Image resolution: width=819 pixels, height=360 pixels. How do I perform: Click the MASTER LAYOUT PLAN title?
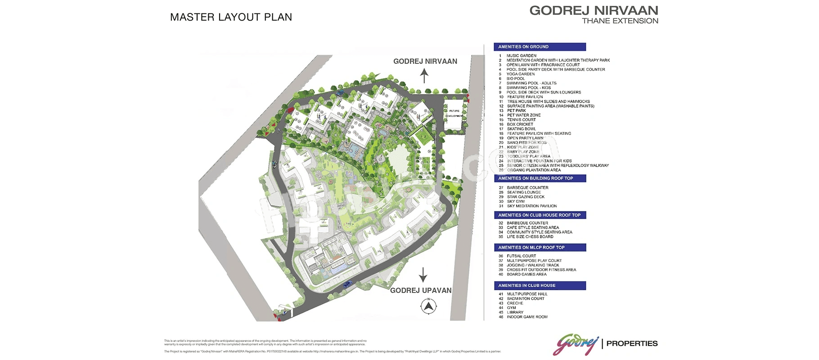click(231, 17)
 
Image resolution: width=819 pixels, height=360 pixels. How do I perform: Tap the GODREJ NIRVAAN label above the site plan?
click(425, 61)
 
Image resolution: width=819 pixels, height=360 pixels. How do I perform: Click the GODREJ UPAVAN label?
click(421, 290)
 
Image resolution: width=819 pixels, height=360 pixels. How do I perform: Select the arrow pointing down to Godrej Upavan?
click(423, 274)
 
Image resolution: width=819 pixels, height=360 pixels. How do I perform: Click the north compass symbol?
click(429, 306)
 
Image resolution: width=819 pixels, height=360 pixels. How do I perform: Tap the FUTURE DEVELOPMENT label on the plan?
click(454, 113)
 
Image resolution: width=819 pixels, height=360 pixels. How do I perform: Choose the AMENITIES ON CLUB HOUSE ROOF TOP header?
click(540, 215)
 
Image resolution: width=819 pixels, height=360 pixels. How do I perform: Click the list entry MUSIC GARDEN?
click(521, 56)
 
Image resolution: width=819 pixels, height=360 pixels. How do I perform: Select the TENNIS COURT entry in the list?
click(521, 120)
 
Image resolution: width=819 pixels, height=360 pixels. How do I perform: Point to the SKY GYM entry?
click(516, 202)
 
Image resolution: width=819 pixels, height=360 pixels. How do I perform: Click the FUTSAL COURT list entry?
click(521, 256)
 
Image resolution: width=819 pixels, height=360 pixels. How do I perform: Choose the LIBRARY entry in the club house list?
click(515, 312)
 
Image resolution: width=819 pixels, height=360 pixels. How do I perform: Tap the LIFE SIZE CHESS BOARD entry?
click(530, 237)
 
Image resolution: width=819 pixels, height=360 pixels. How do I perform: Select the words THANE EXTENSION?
click(620, 21)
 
